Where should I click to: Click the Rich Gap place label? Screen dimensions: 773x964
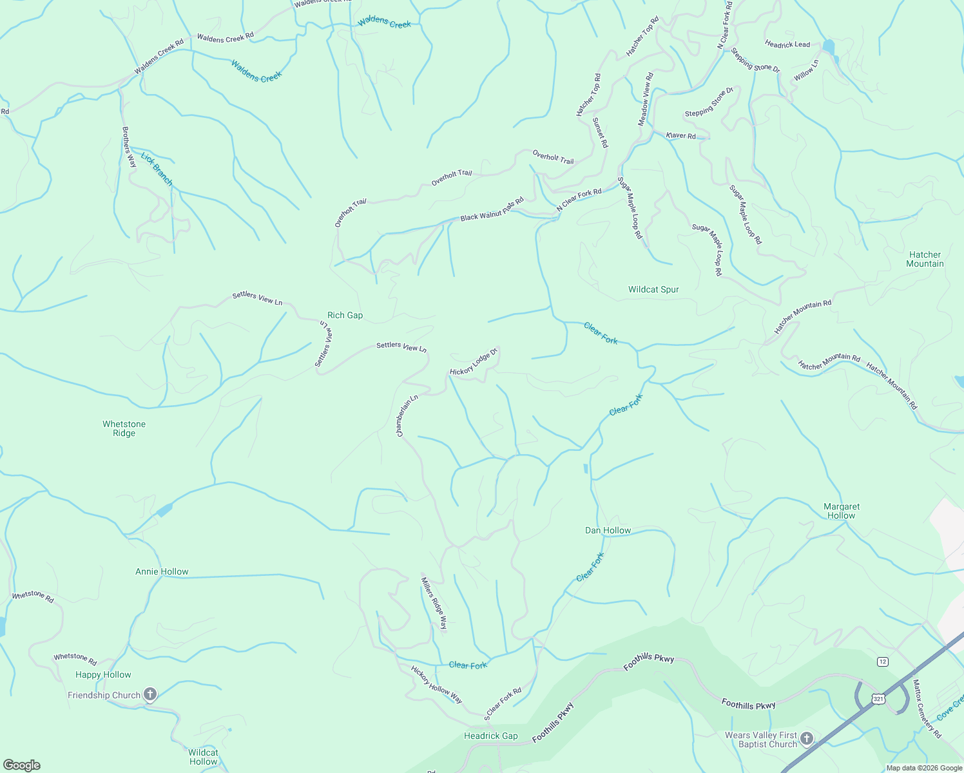click(345, 315)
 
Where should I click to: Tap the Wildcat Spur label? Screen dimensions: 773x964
click(653, 289)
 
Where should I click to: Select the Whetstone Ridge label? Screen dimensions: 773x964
click(124, 428)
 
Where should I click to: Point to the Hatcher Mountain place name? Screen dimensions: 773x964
click(925, 259)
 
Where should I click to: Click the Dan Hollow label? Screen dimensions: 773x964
click(608, 530)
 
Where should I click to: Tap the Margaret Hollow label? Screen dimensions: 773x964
click(842, 511)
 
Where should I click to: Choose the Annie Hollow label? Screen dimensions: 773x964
click(162, 571)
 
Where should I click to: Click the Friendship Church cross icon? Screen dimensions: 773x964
click(150, 694)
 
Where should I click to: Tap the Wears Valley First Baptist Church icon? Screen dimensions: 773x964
click(807, 738)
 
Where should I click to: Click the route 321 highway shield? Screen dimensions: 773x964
click(878, 698)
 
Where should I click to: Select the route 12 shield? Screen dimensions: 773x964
click(882, 662)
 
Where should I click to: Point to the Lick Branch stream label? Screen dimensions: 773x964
click(157, 169)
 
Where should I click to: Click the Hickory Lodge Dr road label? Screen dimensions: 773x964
click(474, 362)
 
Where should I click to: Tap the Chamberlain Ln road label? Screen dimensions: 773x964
click(407, 415)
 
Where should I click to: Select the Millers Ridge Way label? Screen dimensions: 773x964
click(434, 603)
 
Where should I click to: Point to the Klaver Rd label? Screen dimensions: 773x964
click(681, 135)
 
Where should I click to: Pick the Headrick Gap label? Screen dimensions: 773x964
click(490, 736)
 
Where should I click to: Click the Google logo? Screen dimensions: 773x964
click(22, 765)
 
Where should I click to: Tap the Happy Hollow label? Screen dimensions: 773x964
click(103, 674)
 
